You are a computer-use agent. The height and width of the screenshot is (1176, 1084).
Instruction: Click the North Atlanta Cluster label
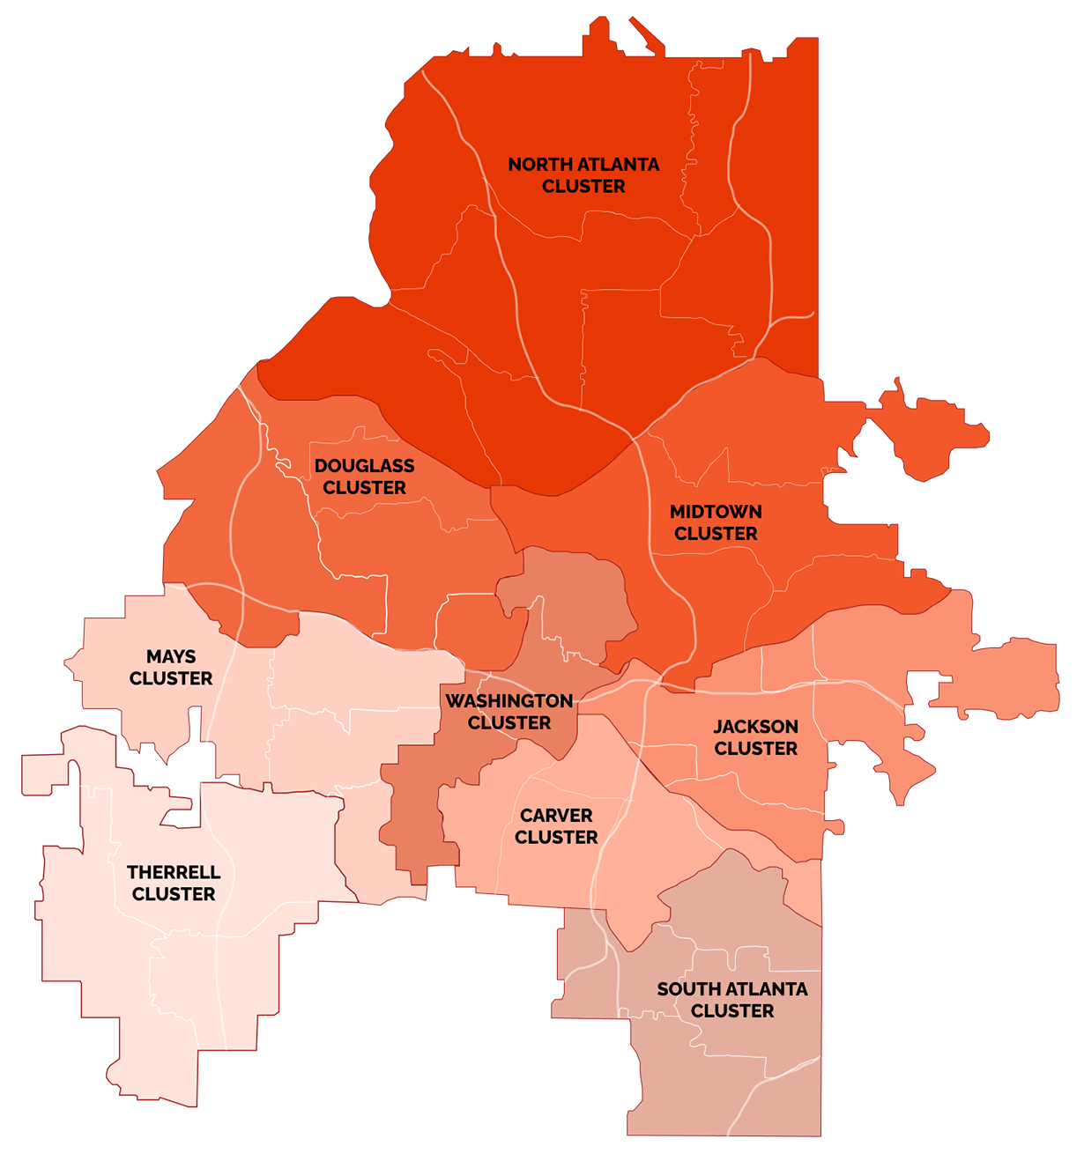[583, 175]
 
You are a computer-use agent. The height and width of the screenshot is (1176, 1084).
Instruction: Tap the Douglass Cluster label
[364, 477]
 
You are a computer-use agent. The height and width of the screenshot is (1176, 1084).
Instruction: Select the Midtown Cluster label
[716, 522]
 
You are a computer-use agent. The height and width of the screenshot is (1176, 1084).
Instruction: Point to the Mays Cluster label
[171, 668]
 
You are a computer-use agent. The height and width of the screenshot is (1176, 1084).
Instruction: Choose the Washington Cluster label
[509, 712]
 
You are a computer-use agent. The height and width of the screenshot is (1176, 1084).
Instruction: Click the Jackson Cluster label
[755, 737]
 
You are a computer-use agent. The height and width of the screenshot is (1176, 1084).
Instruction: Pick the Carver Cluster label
[556, 826]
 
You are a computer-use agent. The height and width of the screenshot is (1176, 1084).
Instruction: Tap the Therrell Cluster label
[174, 884]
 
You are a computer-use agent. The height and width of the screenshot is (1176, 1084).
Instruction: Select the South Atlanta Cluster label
[732, 1000]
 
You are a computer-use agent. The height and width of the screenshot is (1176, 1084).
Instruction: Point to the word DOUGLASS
[364, 466]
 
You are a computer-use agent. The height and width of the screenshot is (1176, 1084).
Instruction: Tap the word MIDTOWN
[716, 512]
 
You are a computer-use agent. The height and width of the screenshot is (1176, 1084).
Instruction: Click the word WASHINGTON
[509, 701]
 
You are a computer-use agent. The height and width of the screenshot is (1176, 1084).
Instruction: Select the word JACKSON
[755, 727]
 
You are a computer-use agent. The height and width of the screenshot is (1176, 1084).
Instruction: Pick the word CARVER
[556, 816]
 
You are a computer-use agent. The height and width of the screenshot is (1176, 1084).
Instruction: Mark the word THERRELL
[174, 873]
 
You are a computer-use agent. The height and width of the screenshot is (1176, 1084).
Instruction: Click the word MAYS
[171, 657]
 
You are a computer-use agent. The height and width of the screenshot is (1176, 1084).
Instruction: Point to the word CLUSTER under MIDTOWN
[716, 534]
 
